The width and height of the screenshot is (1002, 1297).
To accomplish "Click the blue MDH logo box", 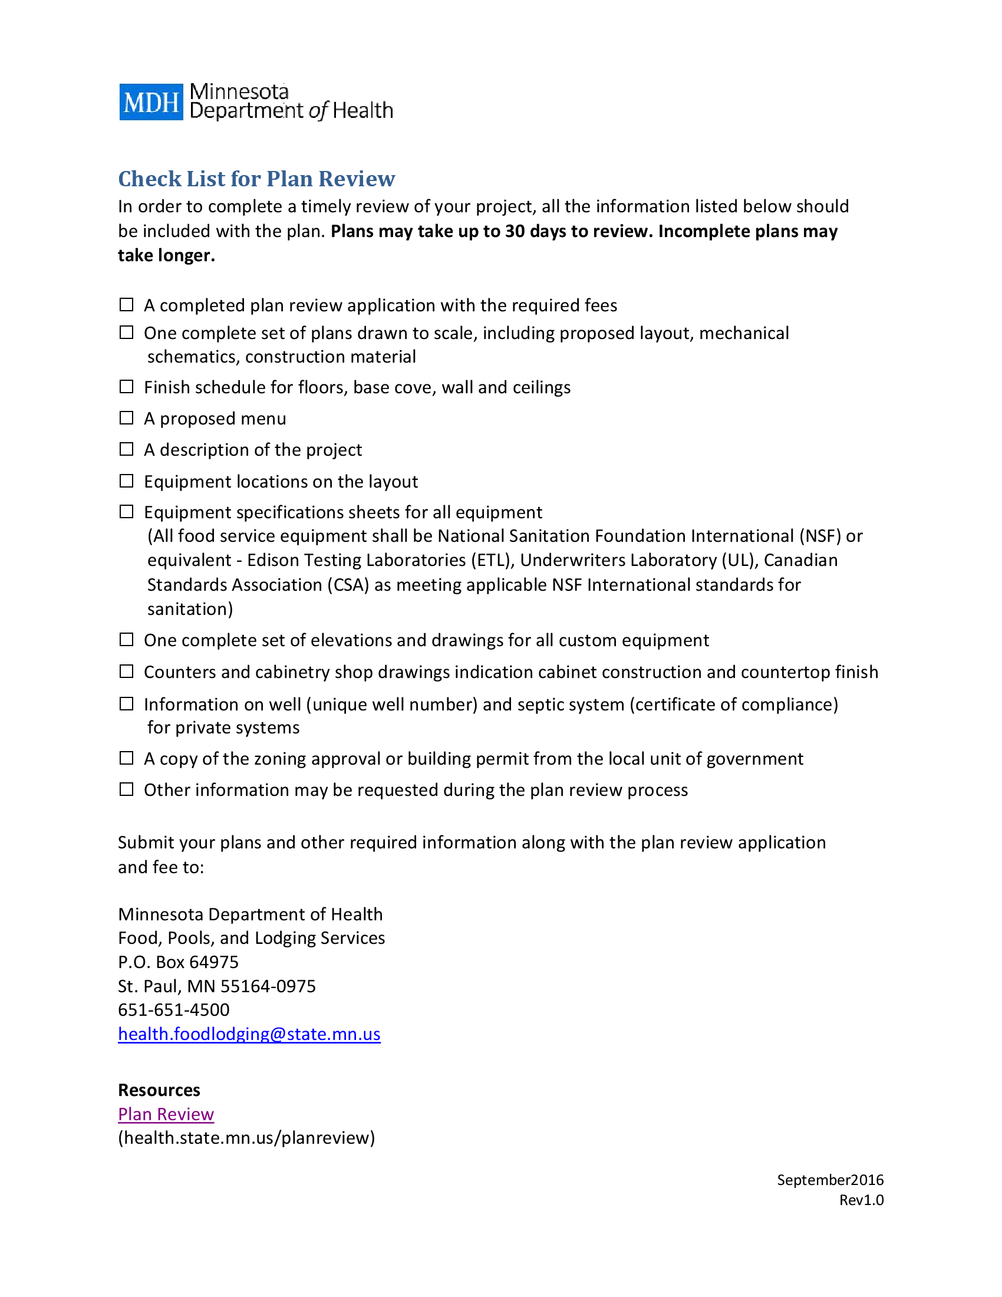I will point(151,102).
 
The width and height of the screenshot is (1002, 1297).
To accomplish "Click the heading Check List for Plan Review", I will point(256,179).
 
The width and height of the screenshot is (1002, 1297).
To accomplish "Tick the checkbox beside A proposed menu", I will point(127,418).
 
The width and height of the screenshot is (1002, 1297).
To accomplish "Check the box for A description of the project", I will point(127,449).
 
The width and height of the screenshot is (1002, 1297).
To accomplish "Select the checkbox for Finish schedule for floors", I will point(127,387).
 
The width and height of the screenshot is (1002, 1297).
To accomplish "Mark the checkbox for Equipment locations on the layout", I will point(127,480).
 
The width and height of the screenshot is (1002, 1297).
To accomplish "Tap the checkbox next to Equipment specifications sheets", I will point(127,511).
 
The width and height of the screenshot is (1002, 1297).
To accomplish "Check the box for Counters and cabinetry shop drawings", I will point(127,671).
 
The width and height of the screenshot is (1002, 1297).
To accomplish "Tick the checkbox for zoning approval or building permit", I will point(127,758).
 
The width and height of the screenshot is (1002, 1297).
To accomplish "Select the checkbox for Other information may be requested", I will point(127,789).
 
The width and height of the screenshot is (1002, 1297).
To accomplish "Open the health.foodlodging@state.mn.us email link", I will point(249,1034).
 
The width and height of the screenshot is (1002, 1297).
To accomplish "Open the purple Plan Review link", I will point(166,1114).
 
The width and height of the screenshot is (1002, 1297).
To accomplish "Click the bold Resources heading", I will point(159,1089).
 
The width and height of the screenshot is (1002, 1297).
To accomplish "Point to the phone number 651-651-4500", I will point(173,1009).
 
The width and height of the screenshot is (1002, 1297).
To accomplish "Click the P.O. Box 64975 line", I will point(178,962).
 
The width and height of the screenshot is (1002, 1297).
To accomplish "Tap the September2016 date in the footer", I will point(830,1180).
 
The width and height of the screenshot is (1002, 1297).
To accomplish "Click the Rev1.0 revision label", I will point(861,1200).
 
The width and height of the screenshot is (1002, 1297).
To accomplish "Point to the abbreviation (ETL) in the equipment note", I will point(492,560).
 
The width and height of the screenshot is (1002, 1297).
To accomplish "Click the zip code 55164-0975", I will point(268,986).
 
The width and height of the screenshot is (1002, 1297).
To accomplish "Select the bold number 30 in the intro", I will point(515,231).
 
